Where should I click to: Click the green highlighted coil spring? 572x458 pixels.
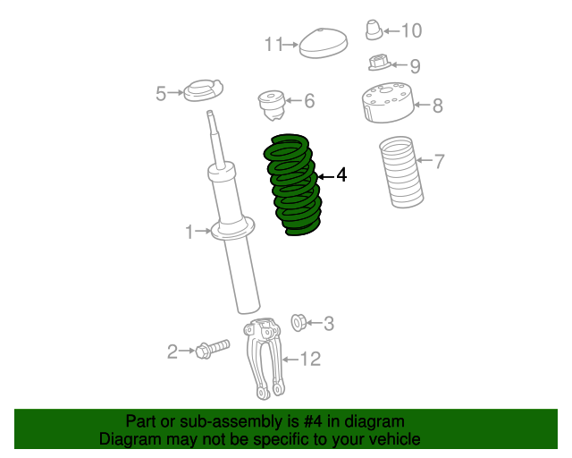pos(292,186)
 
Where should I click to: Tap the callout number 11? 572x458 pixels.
pos(273,44)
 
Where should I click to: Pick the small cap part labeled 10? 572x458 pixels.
pos(374,30)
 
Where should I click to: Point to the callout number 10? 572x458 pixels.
pos(411,31)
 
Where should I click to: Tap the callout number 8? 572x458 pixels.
pos(437,106)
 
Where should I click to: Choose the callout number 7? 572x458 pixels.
pos(439,162)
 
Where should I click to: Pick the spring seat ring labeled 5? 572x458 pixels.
pos(202,91)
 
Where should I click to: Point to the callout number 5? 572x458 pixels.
pos(161,93)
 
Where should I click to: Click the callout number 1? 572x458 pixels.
pos(189,233)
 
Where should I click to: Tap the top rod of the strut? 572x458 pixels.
pos(214,134)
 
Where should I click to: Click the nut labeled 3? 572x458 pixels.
pos(300,321)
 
